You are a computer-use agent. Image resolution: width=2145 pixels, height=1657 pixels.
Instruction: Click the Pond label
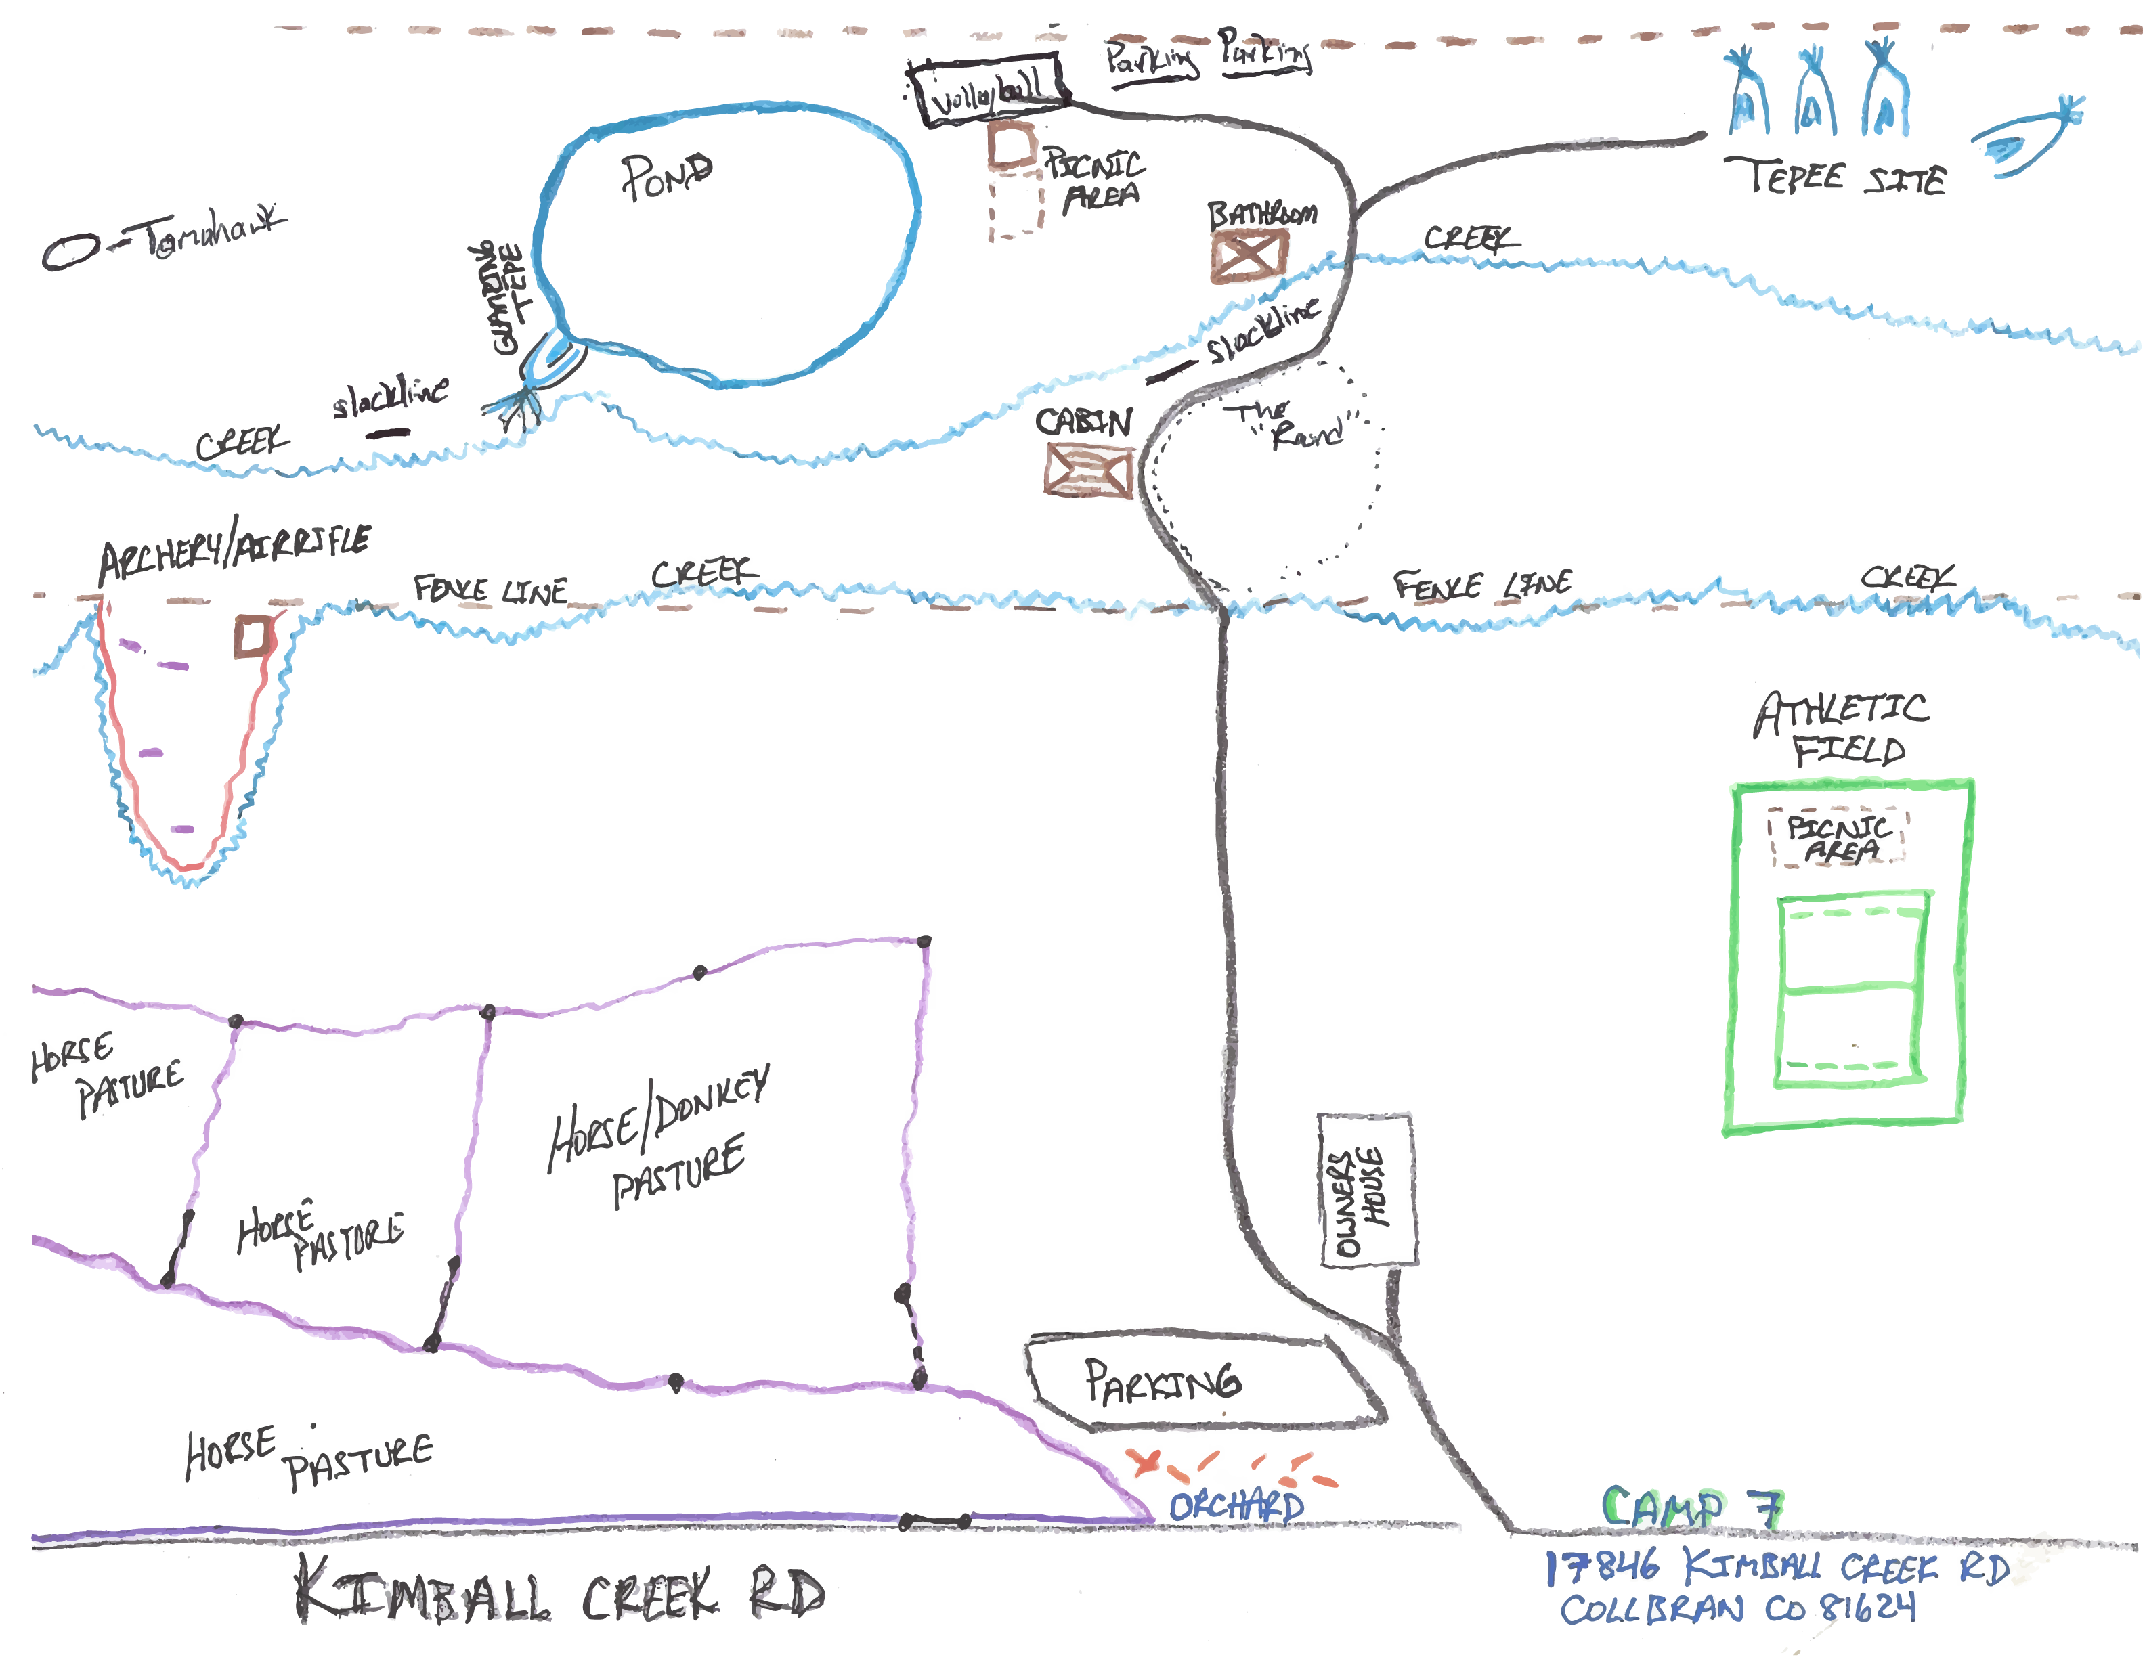tap(667, 177)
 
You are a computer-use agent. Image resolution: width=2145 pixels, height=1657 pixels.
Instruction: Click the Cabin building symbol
tap(1087, 470)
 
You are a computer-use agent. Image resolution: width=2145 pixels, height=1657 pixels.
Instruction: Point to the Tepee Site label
tap(1835, 177)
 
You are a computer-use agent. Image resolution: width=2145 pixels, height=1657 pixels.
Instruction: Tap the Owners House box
tap(1365, 1190)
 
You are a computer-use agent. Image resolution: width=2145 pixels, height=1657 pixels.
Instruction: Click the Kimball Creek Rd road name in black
tap(560, 1592)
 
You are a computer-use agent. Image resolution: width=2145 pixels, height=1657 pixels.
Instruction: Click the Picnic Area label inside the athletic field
tap(1837, 837)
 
